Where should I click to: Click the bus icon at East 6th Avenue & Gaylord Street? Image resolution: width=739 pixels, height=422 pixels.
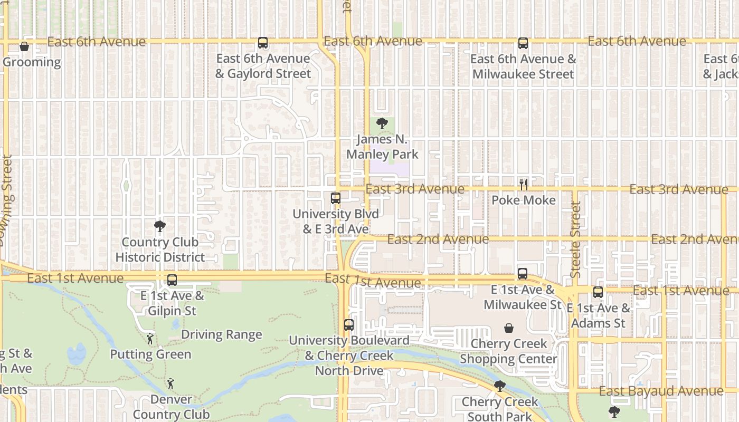(x=263, y=43)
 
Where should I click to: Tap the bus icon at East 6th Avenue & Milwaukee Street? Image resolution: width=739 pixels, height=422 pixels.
(x=523, y=43)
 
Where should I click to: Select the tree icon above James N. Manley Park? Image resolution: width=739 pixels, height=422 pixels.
(x=382, y=124)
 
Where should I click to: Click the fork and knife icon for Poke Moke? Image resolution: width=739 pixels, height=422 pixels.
(x=523, y=184)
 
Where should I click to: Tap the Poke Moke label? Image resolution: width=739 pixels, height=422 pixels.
(x=523, y=200)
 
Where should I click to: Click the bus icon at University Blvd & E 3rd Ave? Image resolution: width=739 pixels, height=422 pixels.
(x=336, y=198)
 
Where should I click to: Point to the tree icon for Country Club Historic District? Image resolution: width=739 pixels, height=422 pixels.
(x=159, y=227)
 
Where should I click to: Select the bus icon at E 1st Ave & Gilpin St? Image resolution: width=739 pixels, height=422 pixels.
(x=172, y=280)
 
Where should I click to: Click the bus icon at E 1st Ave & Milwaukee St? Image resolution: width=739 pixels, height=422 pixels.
(x=522, y=274)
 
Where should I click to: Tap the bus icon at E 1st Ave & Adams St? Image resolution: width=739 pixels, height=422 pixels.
(x=598, y=292)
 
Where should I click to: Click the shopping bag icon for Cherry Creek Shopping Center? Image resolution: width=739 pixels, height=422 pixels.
(x=508, y=328)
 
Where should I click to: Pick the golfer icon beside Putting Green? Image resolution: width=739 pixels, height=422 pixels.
(x=150, y=339)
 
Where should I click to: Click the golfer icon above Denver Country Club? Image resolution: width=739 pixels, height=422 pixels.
(x=170, y=383)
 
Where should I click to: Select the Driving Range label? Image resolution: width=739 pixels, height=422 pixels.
(x=222, y=335)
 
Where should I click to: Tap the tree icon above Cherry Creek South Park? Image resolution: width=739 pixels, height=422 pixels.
(x=499, y=386)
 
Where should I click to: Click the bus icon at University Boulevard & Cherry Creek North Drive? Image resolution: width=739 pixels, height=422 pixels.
(x=348, y=325)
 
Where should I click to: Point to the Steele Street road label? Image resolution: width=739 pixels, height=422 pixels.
(x=576, y=239)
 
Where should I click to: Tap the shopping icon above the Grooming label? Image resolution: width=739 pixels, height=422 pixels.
(x=24, y=46)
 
